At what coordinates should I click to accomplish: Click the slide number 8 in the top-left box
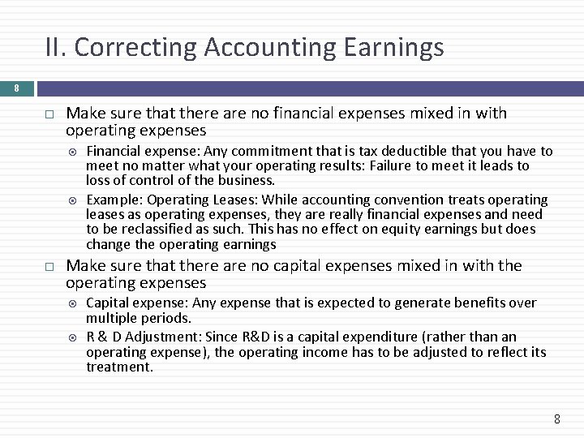pyautogui.click(x=15, y=88)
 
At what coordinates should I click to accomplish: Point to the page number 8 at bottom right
pyautogui.click(x=556, y=419)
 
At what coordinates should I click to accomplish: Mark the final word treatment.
pyautogui.click(x=119, y=367)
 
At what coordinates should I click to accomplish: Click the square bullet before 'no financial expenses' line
pyautogui.click(x=49, y=114)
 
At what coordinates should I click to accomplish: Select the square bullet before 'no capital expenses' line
pyautogui.click(x=49, y=265)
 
